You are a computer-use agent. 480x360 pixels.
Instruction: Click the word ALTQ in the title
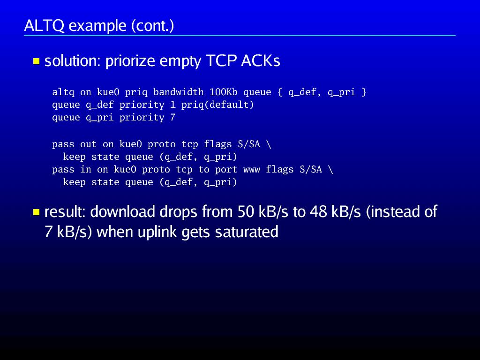point(45,26)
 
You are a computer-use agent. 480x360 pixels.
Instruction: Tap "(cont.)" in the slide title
point(153,26)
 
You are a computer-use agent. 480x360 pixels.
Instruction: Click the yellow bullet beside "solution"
point(37,61)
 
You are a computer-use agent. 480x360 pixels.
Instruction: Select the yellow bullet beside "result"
point(37,212)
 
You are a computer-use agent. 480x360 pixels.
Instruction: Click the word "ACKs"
point(261,60)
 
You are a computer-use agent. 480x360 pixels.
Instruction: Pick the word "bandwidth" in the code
point(179,92)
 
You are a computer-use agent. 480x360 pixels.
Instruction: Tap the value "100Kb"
point(224,92)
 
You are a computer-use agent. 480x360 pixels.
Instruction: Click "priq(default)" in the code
point(217,105)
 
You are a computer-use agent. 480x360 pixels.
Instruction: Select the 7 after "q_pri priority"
point(172,117)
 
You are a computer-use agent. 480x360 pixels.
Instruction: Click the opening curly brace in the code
point(280,92)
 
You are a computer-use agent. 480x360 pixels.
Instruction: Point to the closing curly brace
point(364,92)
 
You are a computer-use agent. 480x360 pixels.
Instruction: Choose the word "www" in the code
point(252,170)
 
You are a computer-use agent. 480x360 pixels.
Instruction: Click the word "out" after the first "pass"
point(89,144)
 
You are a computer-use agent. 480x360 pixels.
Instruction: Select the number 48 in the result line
point(318,211)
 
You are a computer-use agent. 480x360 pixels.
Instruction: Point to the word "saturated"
point(247,232)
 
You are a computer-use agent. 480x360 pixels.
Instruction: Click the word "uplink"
point(157,232)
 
